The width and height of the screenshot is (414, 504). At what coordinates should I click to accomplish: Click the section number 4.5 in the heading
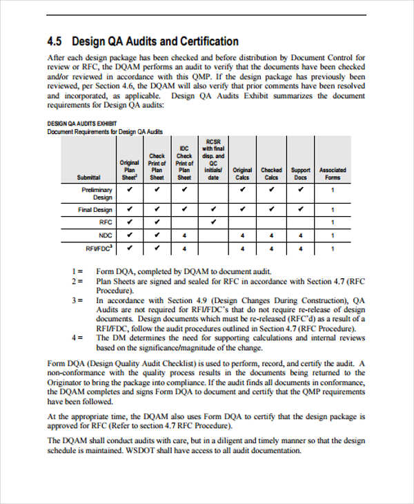[x=55, y=41]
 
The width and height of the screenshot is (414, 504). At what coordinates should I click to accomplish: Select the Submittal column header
[x=89, y=177]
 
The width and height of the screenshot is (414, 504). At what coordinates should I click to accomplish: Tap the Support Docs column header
[x=300, y=173]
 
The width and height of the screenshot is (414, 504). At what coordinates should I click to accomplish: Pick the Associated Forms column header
[x=333, y=173]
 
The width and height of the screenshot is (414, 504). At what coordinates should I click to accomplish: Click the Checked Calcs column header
[x=271, y=173]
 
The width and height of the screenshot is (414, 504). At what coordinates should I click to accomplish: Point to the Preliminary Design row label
[x=97, y=193]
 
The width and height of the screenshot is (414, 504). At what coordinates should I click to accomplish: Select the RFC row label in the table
[x=105, y=222]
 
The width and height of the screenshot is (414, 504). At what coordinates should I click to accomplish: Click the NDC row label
[x=105, y=235]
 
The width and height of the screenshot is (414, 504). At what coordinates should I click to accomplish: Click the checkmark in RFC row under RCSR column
[x=213, y=222]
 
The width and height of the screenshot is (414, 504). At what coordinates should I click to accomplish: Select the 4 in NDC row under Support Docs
[x=300, y=235]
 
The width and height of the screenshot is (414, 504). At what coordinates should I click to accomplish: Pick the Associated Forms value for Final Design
[x=333, y=209]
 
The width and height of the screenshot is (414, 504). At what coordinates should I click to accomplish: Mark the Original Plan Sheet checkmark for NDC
[x=129, y=235]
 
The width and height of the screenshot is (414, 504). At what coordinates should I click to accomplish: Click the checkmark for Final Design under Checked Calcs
[x=271, y=209]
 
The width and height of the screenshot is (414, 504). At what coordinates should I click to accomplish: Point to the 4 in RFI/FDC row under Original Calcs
[x=242, y=249]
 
